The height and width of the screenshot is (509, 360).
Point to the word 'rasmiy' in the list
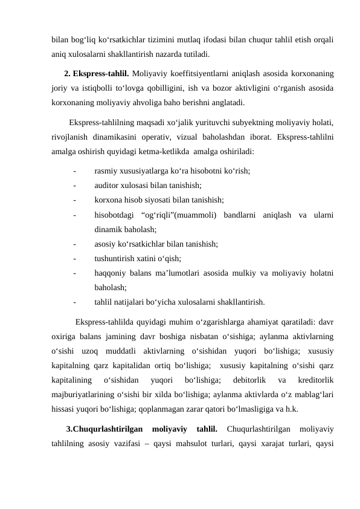pos(106,171)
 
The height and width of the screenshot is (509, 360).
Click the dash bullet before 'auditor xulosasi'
pos(74,186)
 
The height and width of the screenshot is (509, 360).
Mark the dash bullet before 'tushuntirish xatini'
pos(74,258)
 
